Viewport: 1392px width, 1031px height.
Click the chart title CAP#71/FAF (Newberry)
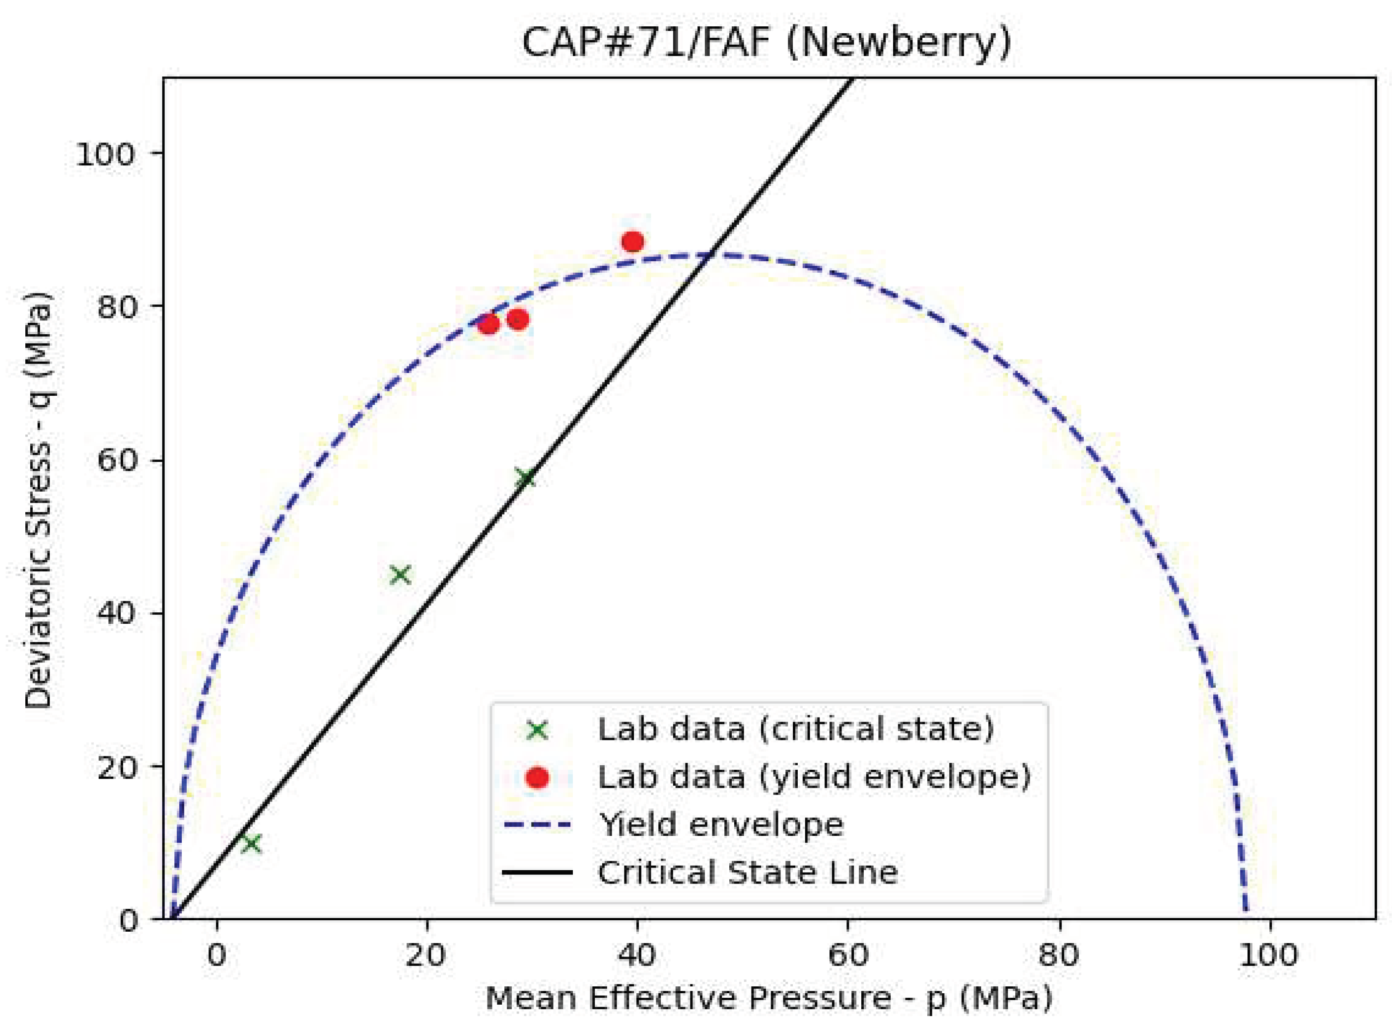pyautogui.click(x=766, y=44)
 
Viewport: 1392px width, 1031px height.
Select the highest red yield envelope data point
pyautogui.click(x=632, y=241)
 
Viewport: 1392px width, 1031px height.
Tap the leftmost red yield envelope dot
pyautogui.click(x=489, y=324)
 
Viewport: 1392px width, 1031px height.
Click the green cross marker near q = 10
pyautogui.click(x=252, y=844)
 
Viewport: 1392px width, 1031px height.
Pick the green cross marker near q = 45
pyautogui.click(x=401, y=575)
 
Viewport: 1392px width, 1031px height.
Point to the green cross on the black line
pyautogui.click(x=525, y=479)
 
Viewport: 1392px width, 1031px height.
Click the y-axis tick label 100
pyautogui.click(x=105, y=153)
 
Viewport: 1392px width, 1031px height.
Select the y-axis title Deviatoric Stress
pyautogui.click(x=39, y=499)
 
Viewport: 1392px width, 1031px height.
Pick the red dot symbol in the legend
pyautogui.click(x=537, y=778)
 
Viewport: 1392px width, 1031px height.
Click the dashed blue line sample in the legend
pyautogui.click(x=537, y=825)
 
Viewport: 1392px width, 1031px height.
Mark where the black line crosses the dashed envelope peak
pyautogui.click(x=708, y=255)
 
